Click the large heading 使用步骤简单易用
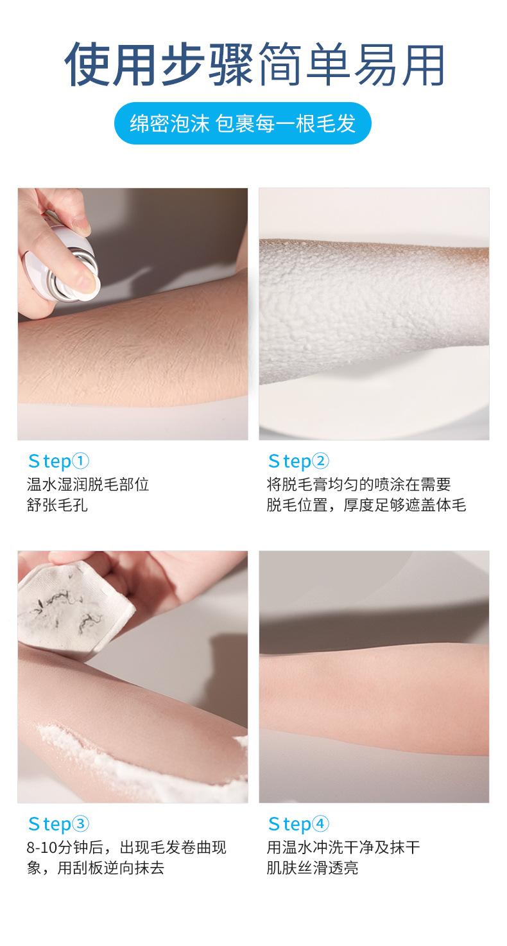[254, 64]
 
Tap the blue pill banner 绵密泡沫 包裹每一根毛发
[243, 123]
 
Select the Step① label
[58, 461]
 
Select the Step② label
[298, 461]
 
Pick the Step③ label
[58, 824]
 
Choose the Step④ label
[298, 824]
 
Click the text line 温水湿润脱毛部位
[88, 484]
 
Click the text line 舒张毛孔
[57, 505]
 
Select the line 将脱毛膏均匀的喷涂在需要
[359, 484]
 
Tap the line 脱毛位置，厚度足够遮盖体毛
[366, 505]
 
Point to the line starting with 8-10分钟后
[126, 847]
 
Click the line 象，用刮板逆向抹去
[96, 868]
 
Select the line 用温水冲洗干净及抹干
[343, 847]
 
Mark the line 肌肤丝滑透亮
[313, 868]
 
